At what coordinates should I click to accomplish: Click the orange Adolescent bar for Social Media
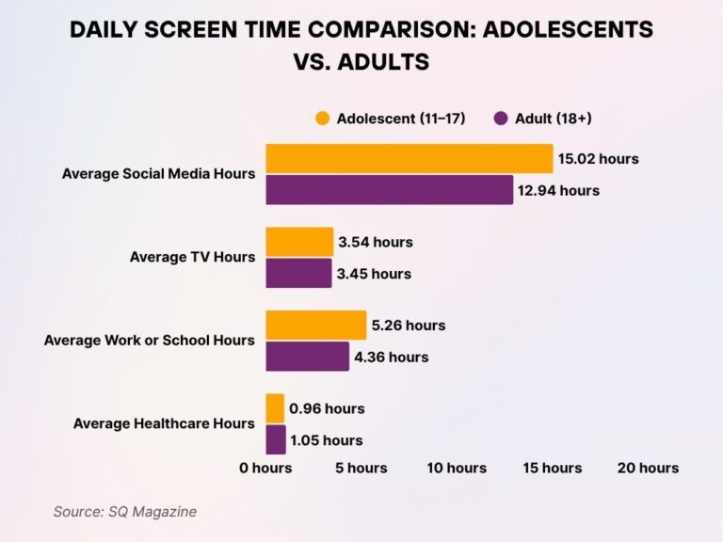point(409,159)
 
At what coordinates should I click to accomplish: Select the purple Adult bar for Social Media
point(389,190)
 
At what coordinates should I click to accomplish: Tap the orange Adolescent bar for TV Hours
point(299,242)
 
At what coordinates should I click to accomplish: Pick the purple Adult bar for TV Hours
point(298,274)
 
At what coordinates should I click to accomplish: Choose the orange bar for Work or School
point(315,326)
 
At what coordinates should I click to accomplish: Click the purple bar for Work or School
point(307,357)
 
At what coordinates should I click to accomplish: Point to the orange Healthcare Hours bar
point(275,408)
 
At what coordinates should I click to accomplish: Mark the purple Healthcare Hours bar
point(276,439)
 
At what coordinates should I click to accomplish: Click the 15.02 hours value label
point(598,159)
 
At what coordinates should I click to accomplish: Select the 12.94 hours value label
point(559,191)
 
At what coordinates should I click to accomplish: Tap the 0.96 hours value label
point(327,408)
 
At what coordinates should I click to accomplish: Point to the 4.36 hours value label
point(392,357)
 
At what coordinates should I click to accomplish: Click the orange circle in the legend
point(323,119)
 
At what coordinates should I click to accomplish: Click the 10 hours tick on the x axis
point(457,468)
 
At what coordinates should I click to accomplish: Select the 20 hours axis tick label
point(647,468)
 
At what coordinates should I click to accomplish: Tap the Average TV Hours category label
point(192,257)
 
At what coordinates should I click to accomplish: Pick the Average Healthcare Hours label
point(164,423)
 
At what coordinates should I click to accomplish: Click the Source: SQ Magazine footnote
point(124,511)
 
